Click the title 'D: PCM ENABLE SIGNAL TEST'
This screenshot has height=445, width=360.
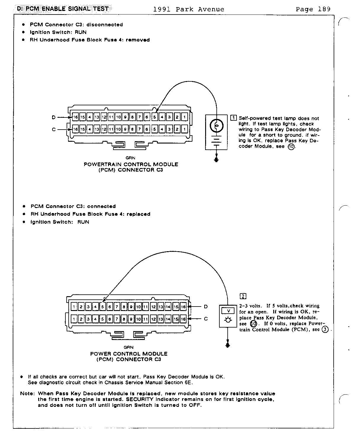click(62, 9)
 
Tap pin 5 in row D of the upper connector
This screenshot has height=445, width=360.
click(155, 117)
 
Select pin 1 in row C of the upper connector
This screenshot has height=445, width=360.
click(184, 129)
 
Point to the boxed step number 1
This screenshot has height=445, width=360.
click(234, 118)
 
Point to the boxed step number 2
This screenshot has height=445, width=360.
click(243, 296)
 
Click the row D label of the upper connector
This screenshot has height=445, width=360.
click(54, 117)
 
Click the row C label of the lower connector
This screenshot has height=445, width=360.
click(206, 319)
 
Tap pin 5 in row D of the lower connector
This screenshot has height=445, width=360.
click(102, 307)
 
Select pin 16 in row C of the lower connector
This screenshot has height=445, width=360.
click(183, 319)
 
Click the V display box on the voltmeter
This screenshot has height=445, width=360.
click(228, 311)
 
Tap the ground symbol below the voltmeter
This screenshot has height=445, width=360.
click(227, 345)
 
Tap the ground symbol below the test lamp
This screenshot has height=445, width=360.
click(216, 160)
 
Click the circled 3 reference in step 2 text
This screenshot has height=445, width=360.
click(325, 330)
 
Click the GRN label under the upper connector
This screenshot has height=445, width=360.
click(130, 158)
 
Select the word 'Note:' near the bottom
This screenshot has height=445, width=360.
click(28, 394)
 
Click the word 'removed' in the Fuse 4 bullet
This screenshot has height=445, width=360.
click(138, 40)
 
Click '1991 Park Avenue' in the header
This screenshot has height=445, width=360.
click(189, 9)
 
